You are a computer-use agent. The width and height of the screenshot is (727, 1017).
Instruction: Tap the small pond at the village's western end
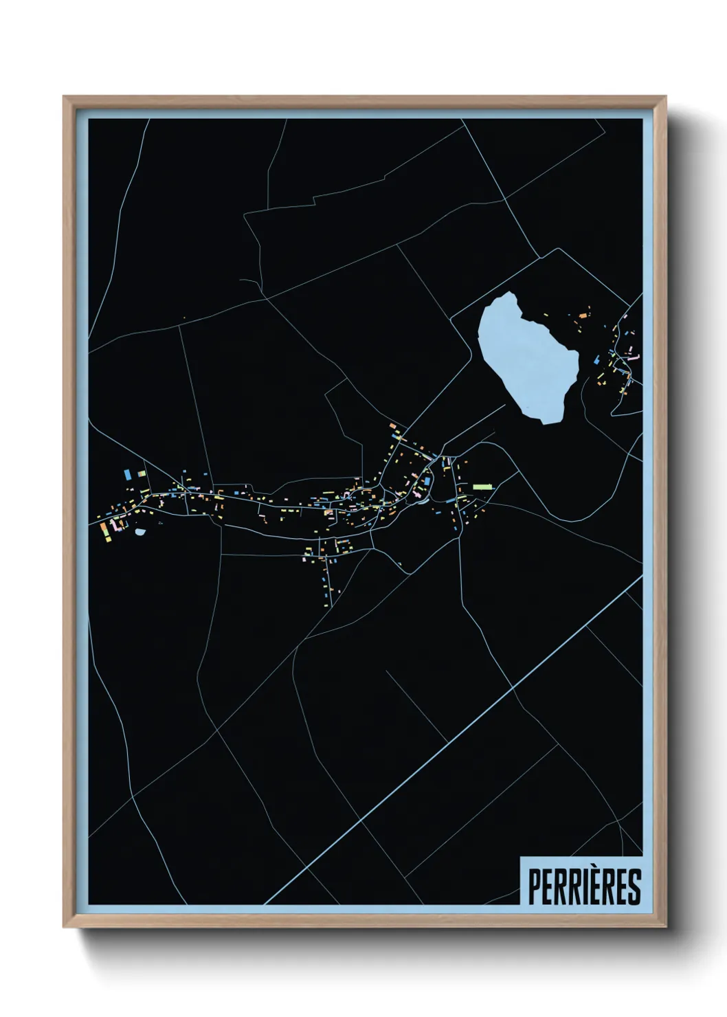pos(140,531)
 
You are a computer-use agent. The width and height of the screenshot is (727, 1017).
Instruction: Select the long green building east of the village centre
pos(483,486)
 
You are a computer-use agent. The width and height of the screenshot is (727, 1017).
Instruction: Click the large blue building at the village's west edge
pos(128,474)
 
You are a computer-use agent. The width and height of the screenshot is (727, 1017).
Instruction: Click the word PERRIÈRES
pos(583,886)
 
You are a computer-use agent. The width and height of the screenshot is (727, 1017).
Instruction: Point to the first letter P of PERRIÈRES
pos(533,887)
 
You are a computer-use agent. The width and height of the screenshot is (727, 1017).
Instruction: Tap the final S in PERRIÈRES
pos(634,887)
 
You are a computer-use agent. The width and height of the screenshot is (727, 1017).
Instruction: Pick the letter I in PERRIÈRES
pos(581,887)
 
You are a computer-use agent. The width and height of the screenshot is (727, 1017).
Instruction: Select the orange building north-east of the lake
pos(583,315)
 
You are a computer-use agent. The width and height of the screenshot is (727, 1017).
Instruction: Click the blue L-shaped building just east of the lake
pos(596,359)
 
